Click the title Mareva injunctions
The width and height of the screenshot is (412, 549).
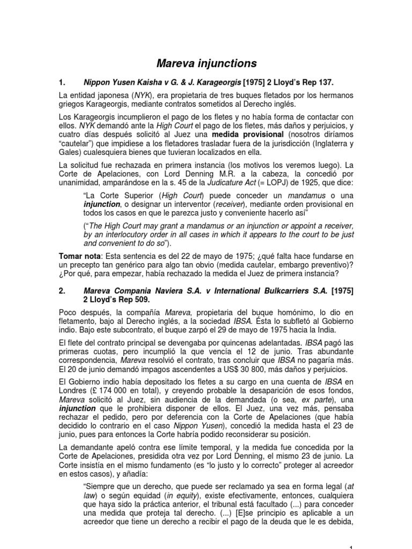[x=206, y=64]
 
